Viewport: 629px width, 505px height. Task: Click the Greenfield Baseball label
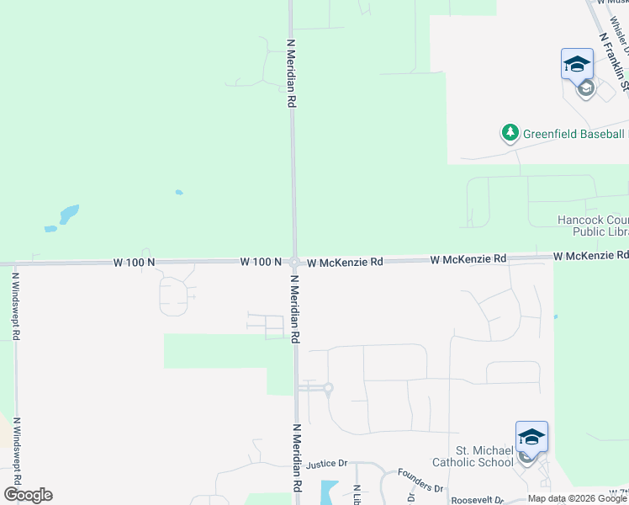[574, 134]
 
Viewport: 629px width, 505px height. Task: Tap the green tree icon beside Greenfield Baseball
[510, 133]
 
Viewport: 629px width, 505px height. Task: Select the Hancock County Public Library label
[593, 226]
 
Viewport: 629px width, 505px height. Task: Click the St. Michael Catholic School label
[473, 456]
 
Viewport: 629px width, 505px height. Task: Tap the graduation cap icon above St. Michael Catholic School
[531, 438]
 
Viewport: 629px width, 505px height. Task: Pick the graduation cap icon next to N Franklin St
[578, 65]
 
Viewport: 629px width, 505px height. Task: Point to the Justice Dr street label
[327, 464]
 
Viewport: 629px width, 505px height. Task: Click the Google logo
[28, 495]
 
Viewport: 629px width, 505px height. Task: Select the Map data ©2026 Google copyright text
[578, 498]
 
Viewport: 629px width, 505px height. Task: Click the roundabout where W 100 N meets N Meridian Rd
[294, 262]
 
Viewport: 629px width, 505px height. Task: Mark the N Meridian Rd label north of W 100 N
[291, 72]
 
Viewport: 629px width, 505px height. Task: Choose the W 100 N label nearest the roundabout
[260, 262]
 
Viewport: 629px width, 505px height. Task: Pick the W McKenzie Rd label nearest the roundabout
[345, 262]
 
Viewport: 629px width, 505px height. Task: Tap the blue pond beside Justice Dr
[327, 492]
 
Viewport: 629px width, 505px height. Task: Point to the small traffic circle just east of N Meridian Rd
[328, 388]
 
